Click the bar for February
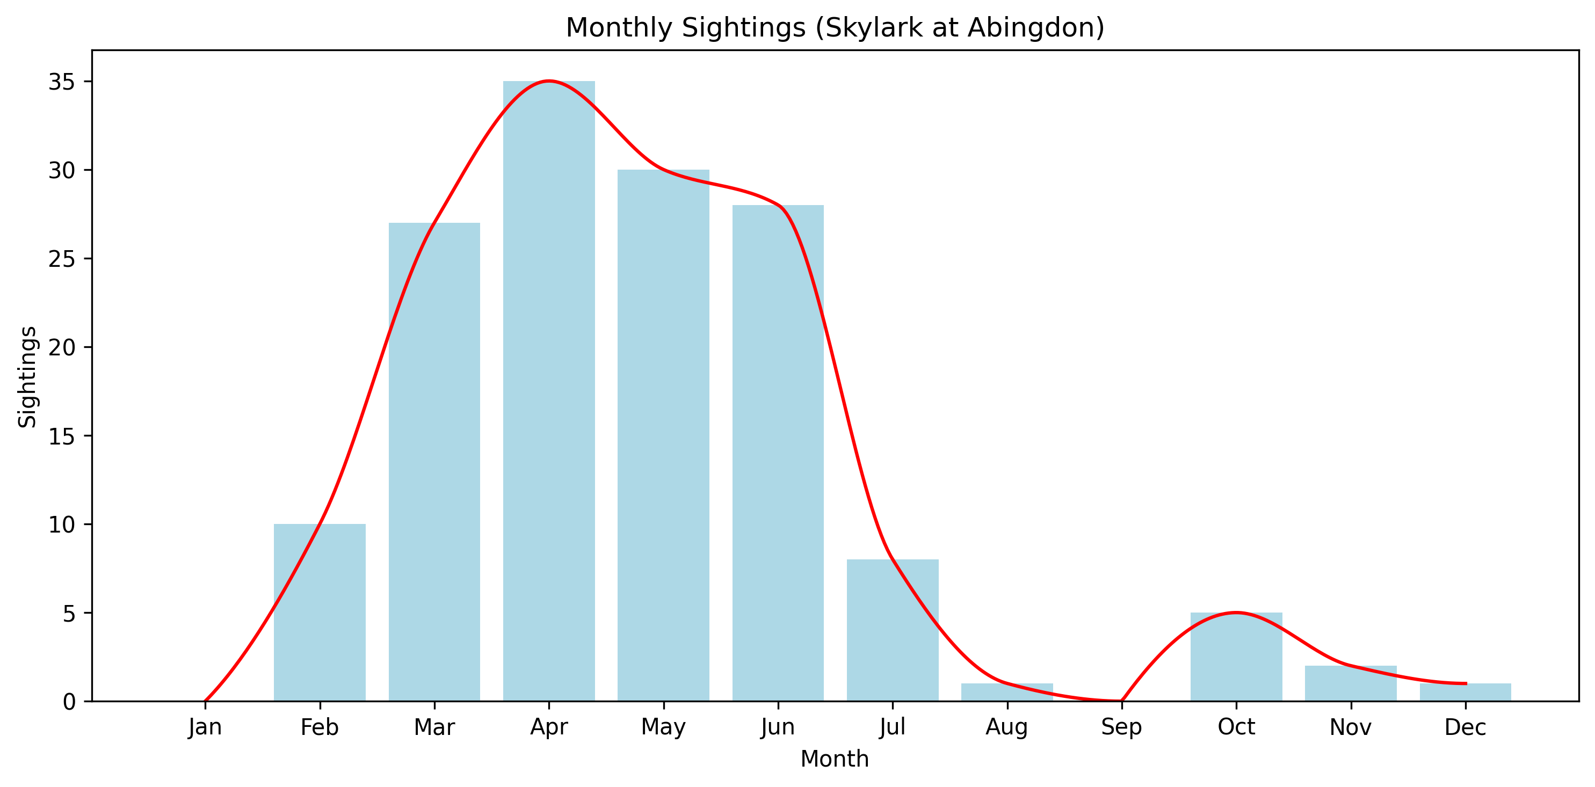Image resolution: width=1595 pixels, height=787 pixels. tap(320, 613)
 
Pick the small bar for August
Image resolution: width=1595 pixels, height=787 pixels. tap(1007, 693)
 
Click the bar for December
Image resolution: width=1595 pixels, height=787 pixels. tap(1465, 693)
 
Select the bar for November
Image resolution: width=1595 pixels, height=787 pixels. tap(1351, 684)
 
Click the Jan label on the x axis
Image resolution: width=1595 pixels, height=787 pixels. tap(205, 727)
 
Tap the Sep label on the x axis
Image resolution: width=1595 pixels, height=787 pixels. tap(1121, 727)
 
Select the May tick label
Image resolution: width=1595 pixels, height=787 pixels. tap(663, 727)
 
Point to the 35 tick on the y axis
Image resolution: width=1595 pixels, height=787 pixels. tap(61, 82)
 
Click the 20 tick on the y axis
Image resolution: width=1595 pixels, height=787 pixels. tap(61, 348)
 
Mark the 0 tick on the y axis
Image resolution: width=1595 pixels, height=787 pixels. tap(69, 702)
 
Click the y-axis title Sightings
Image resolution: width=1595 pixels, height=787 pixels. tap(27, 377)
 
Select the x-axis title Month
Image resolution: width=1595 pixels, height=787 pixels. tap(835, 759)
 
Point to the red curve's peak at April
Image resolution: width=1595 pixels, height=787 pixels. tap(549, 81)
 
